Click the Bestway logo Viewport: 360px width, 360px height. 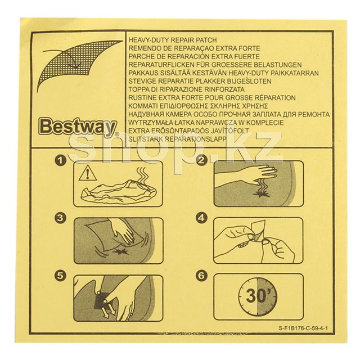tap(78, 127)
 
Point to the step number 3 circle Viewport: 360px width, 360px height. tap(60, 218)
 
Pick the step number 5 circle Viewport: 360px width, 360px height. tap(60, 276)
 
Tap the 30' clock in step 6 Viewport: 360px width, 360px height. tap(258, 297)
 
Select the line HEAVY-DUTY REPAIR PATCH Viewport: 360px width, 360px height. tap(173, 40)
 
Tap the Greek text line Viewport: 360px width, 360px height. tap(199, 106)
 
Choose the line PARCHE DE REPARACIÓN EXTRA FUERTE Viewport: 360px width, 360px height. tap(194, 56)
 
